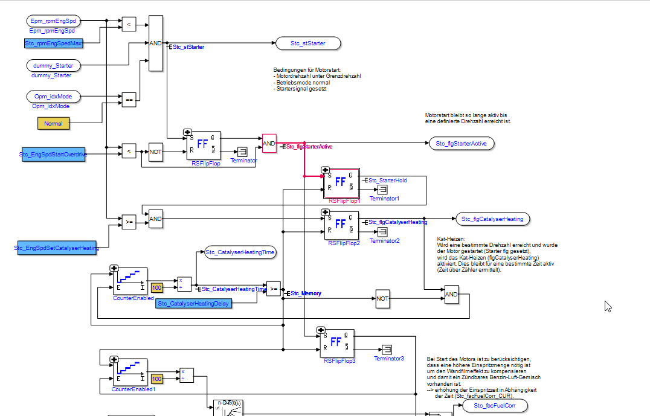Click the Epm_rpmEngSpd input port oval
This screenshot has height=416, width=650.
click(x=53, y=21)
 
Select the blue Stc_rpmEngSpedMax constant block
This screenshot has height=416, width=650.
click(x=53, y=43)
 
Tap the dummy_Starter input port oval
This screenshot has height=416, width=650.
click(x=53, y=65)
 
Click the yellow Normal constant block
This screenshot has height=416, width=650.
click(x=54, y=123)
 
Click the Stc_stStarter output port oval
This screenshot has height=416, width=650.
click(x=307, y=43)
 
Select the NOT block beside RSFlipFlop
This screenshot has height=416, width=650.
click(x=156, y=152)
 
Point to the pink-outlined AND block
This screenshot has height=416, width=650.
click(x=269, y=143)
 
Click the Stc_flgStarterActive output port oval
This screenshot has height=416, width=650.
click(x=462, y=143)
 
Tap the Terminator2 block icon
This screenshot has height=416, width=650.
click(x=382, y=232)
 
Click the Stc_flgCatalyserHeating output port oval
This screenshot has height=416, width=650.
click(x=493, y=219)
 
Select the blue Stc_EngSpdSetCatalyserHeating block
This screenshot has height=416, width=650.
click(x=57, y=248)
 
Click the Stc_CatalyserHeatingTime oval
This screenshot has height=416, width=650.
click(x=240, y=252)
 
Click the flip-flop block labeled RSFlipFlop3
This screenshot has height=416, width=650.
click(x=336, y=344)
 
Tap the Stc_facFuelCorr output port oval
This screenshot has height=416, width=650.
click(x=495, y=406)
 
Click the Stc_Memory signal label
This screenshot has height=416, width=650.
click(x=306, y=293)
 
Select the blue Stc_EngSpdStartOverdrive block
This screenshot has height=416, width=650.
click(x=54, y=155)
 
